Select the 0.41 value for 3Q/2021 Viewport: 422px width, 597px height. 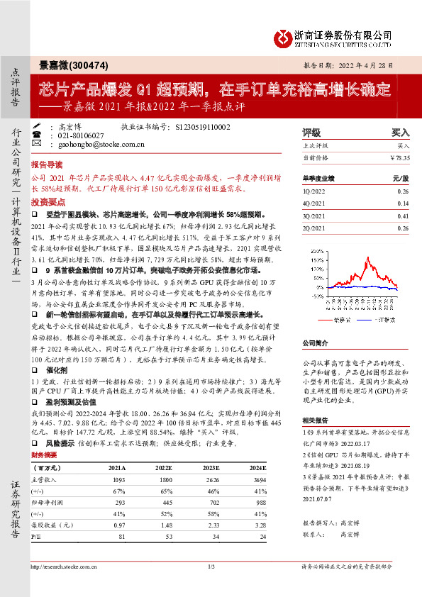tap(403, 215)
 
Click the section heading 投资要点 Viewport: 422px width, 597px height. tap(45, 202)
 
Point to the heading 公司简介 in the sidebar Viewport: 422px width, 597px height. tap(316, 342)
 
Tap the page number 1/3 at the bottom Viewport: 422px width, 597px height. tap(211, 566)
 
